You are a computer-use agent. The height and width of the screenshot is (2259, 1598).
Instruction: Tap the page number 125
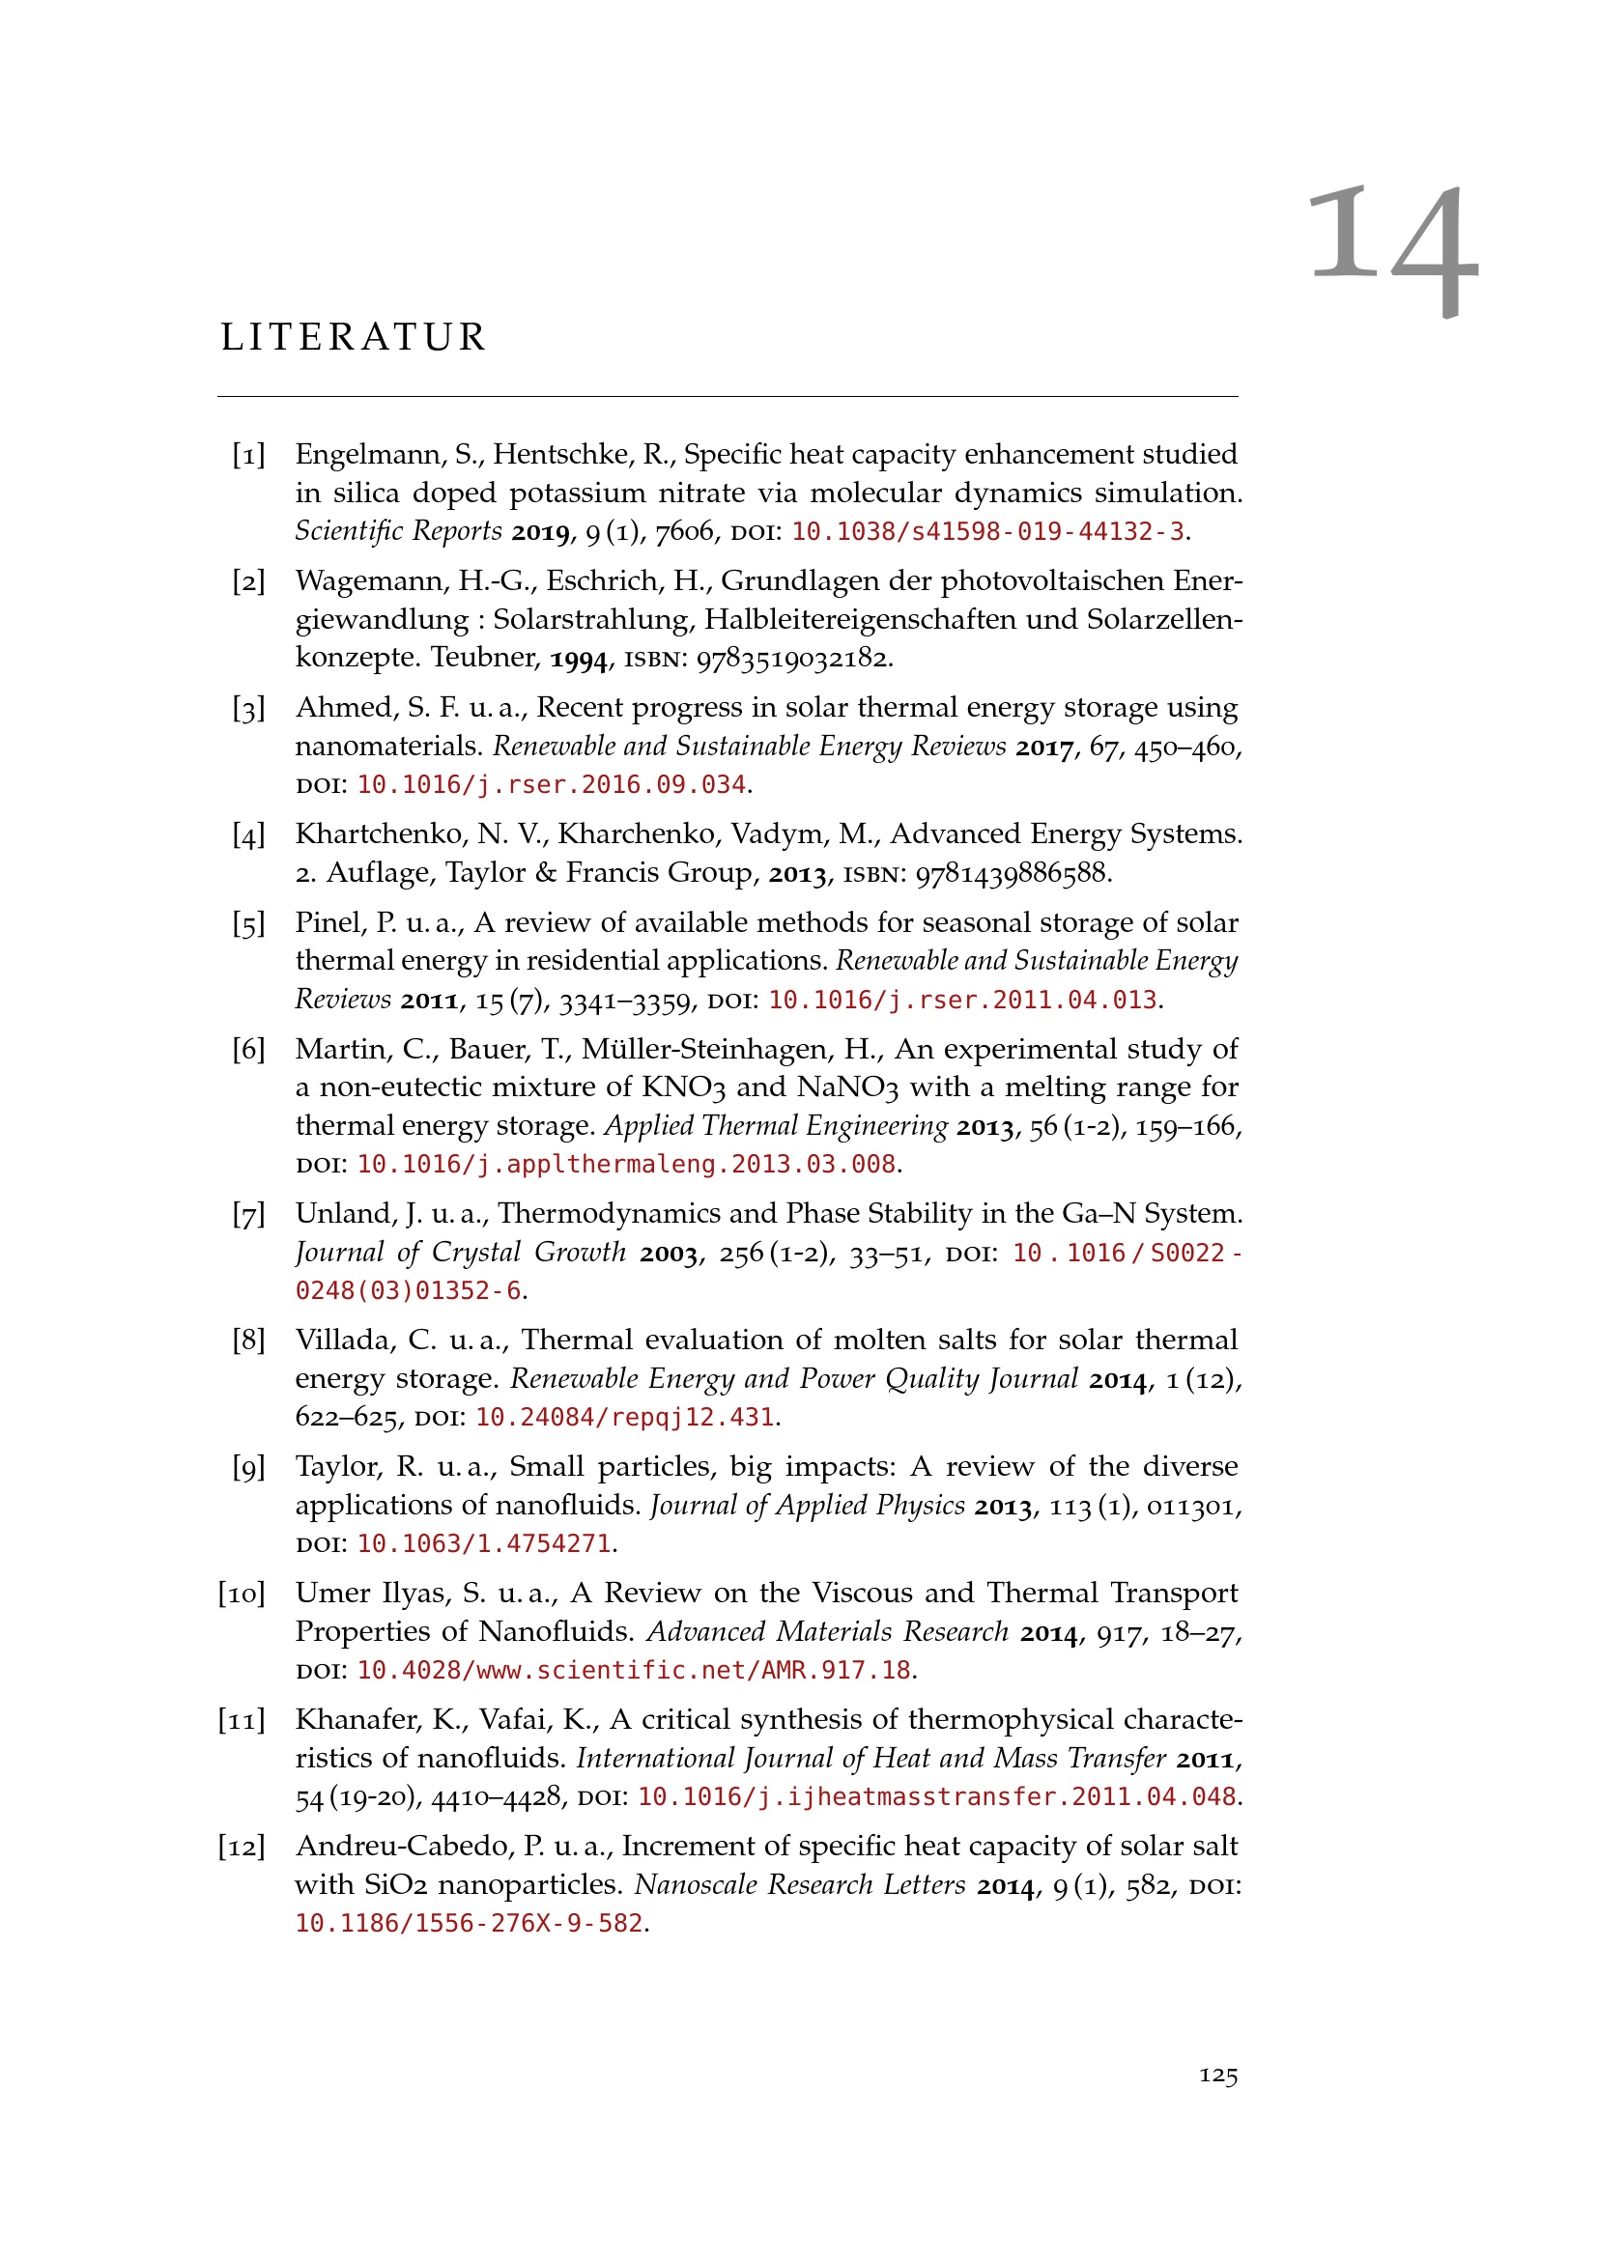pos(1217,2075)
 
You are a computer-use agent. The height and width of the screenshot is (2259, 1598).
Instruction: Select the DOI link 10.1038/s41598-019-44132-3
pos(988,532)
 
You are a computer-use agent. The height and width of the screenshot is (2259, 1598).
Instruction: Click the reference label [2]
pos(248,581)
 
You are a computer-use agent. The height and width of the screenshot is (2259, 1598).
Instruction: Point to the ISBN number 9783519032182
pos(792,658)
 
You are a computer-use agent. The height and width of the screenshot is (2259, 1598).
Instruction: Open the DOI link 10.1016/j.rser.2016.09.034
pos(551,785)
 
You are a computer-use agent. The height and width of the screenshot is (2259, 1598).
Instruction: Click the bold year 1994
pos(578,659)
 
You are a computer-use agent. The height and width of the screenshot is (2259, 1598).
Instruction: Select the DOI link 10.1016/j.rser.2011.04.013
pos(962,1001)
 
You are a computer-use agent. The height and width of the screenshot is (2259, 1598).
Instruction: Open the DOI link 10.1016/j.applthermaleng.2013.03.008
pos(626,1165)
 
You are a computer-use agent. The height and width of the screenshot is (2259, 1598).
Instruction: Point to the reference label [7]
pos(248,1215)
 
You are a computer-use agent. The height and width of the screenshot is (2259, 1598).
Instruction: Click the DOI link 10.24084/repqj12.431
pos(625,1418)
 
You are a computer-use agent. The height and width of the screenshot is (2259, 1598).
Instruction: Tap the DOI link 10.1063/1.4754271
pos(483,1543)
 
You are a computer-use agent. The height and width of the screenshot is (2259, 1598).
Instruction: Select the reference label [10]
pos(242,1594)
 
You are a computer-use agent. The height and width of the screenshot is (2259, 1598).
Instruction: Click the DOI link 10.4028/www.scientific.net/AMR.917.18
pos(634,1671)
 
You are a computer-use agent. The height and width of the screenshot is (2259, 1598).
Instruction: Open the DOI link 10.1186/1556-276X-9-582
pos(469,1924)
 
